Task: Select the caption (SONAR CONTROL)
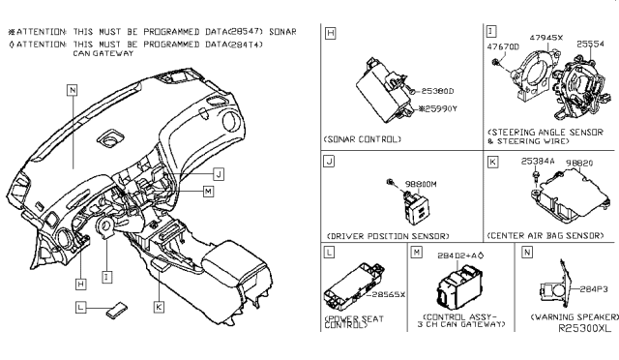point(363,139)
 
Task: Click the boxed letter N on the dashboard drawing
point(72,88)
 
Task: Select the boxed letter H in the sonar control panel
point(331,34)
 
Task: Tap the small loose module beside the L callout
point(116,310)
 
